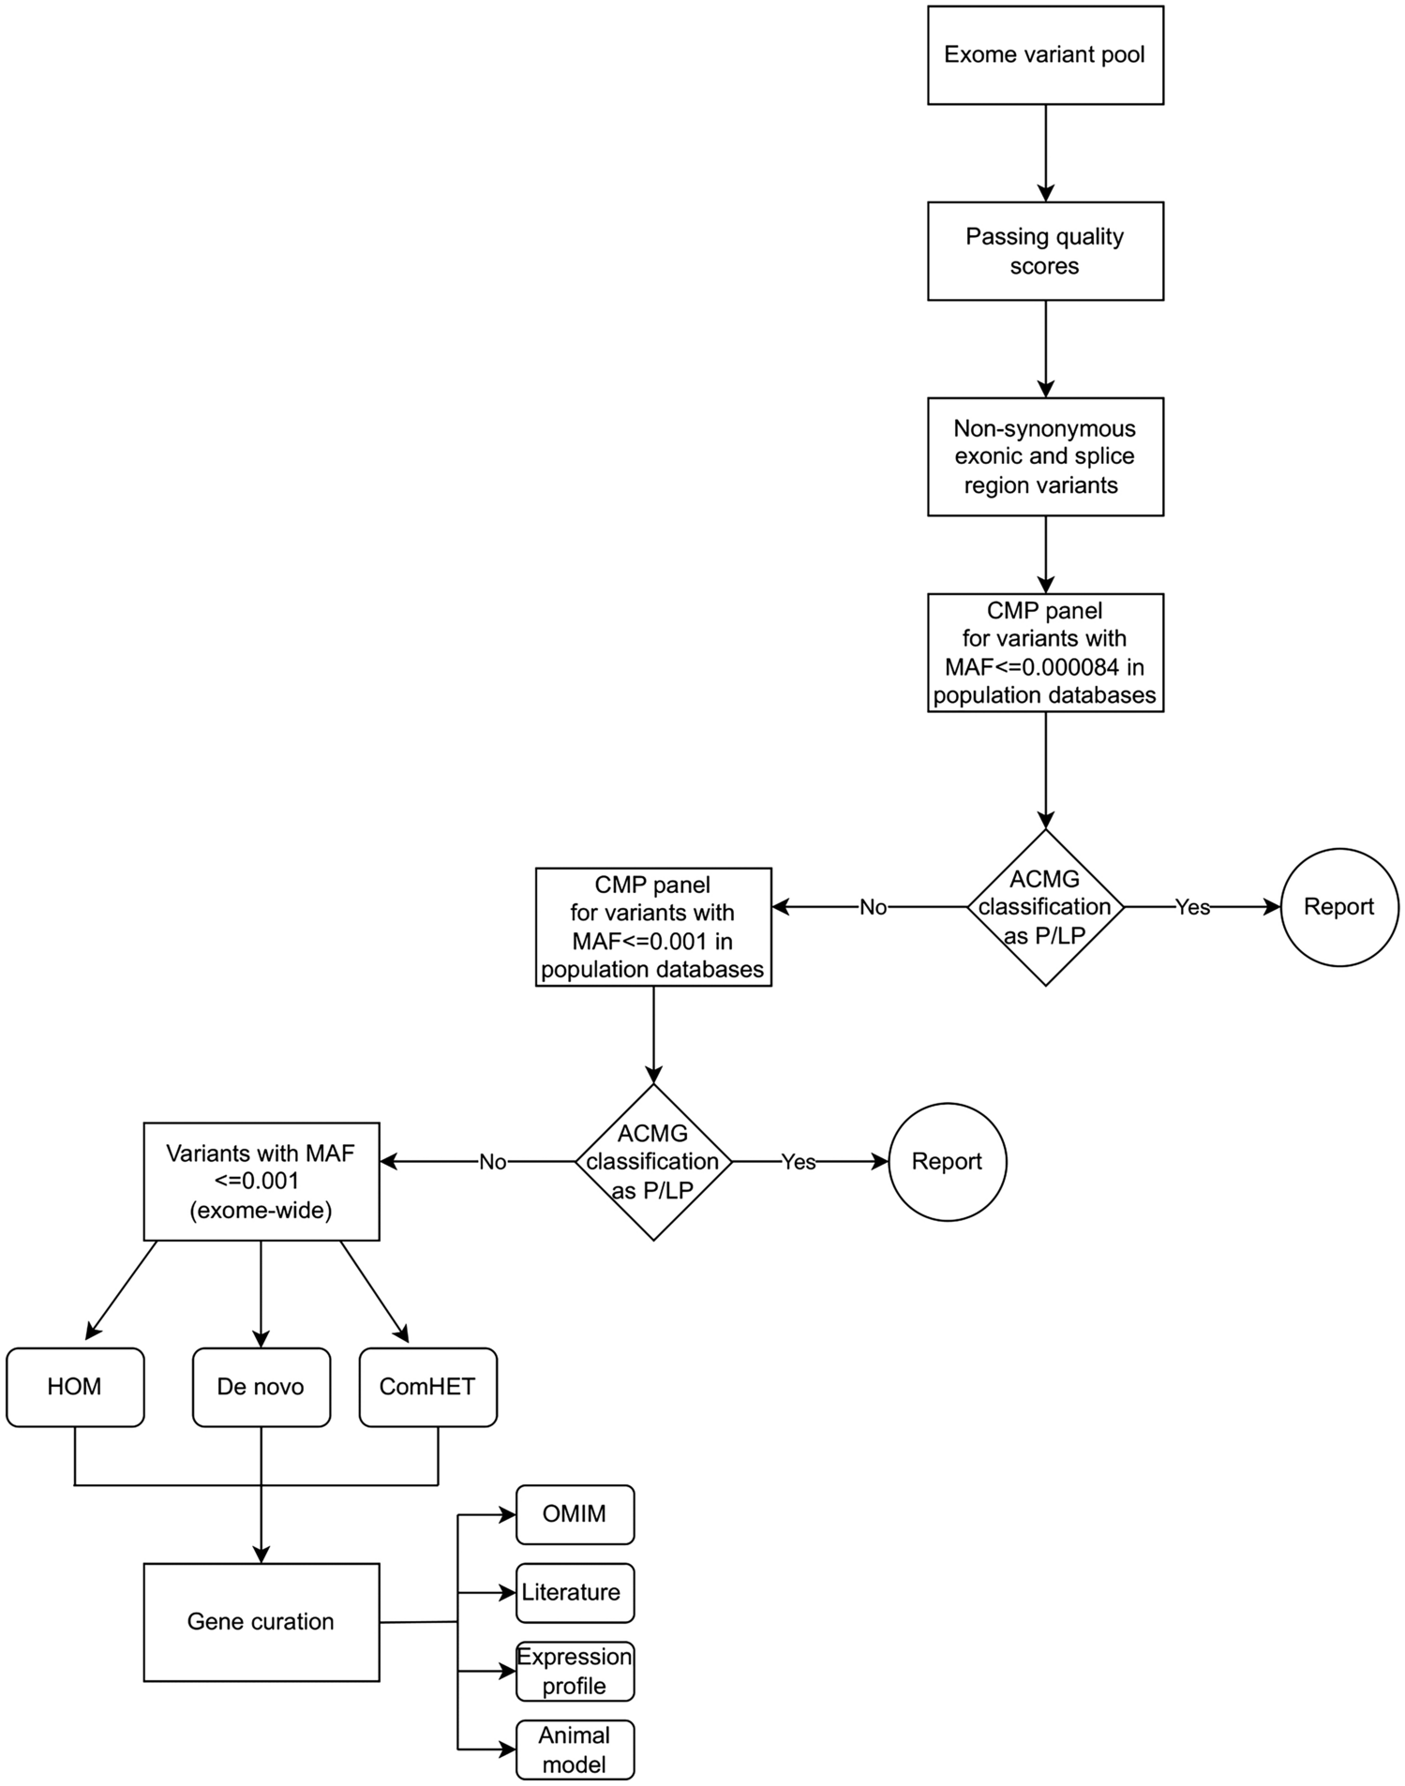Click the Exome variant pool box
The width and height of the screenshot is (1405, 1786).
pyautogui.click(x=1045, y=55)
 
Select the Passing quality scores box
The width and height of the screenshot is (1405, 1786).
pyautogui.click(x=1045, y=251)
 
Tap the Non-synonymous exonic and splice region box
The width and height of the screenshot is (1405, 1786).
pyautogui.click(x=1045, y=456)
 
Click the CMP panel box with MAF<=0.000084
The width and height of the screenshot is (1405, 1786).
pyautogui.click(x=1045, y=652)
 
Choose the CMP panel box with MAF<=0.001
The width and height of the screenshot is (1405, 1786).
pyautogui.click(x=653, y=927)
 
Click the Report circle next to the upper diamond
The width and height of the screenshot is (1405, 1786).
pyautogui.click(x=1339, y=907)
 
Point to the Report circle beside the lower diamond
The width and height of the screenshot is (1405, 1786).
pyautogui.click(x=947, y=1162)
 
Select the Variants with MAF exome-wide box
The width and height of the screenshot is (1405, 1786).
pyautogui.click(x=261, y=1181)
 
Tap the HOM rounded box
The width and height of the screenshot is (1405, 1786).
pyautogui.click(x=75, y=1387)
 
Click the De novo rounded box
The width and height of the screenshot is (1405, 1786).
pyautogui.click(x=261, y=1387)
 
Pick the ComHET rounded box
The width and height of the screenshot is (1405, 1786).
pyautogui.click(x=427, y=1387)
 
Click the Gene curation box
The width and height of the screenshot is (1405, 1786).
pyautogui.click(x=261, y=1622)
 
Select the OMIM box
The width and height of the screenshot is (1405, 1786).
pyautogui.click(x=575, y=1514)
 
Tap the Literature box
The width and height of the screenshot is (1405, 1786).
pyautogui.click(x=575, y=1592)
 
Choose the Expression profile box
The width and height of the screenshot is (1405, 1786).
pyautogui.click(x=575, y=1671)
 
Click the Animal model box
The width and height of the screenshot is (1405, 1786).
pyautogui.click(x=575, y=1749)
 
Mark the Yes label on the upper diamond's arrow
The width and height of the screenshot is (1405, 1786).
pyautogui.click(x=1192, y=907)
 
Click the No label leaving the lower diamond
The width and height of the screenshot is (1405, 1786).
pyautogui.click(x=492, y=1162)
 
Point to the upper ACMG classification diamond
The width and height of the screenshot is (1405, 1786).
pyautogui.click(x=1045, y=907)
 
